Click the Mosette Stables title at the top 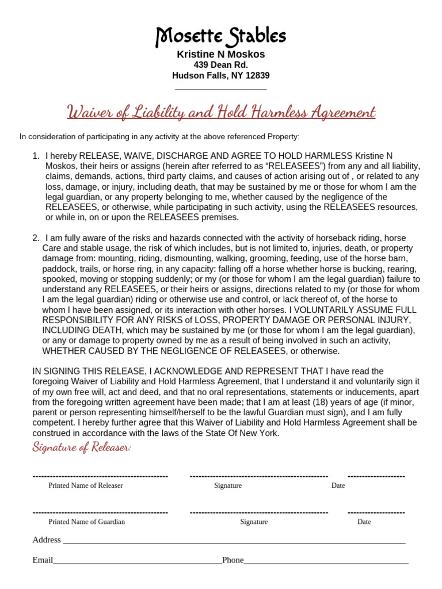(221, 37)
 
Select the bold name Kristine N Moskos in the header (221, 55)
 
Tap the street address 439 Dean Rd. (221, 65)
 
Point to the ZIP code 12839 (257, 75)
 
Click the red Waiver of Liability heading (221, 111)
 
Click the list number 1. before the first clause (36, 156)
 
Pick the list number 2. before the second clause (36, 238)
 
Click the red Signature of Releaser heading (82, 447)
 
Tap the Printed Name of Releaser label (86, 485)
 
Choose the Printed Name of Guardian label (86, 522)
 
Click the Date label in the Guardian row (364, 522)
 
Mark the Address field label (47, 540)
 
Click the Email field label (43, 560)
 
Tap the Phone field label (233, 560)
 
